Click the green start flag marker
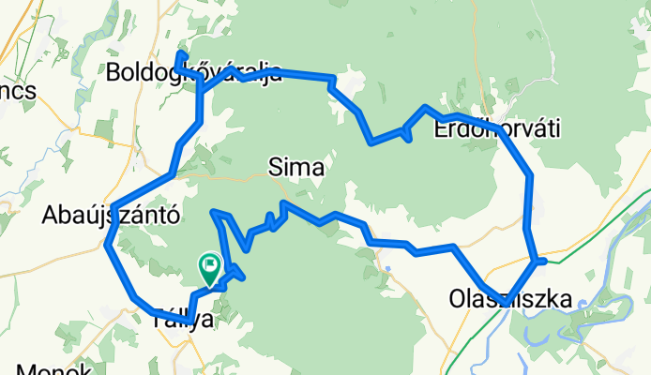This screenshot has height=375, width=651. tap(209, 269)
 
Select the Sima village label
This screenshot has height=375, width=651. tap(296, 169)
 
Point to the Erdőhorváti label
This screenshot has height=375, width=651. tap(497, 130)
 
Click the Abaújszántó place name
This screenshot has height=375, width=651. tap(111, 216)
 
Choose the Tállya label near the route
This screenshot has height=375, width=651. tap(182, 320)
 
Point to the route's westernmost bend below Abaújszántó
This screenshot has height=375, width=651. tap(107, 246)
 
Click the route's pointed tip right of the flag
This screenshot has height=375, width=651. tap(244, 276)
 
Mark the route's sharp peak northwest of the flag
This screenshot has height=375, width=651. tap(217, 213)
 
